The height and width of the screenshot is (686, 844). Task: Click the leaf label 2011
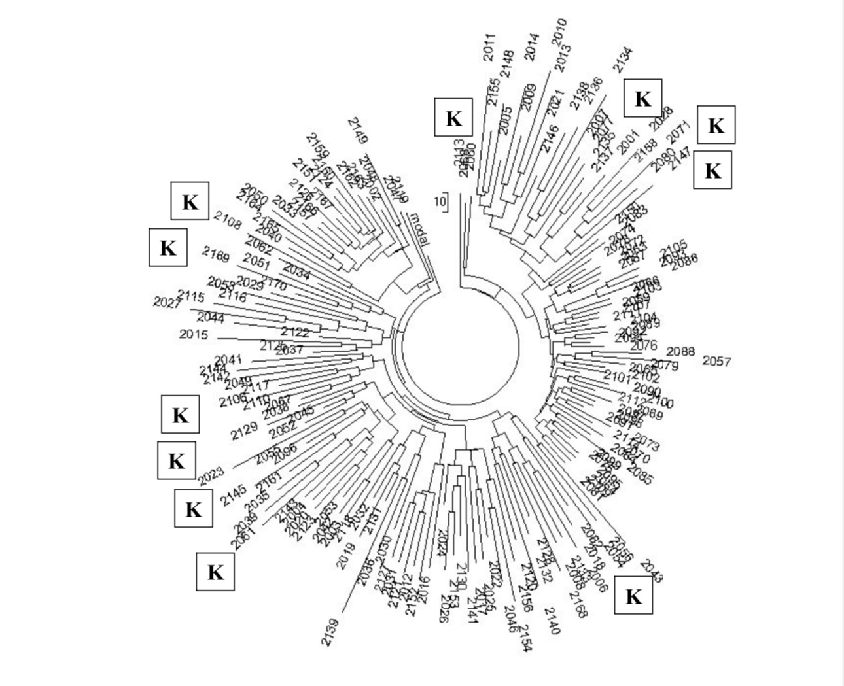489,48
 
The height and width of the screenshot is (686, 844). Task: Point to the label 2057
716,361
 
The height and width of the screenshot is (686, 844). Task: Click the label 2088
680,352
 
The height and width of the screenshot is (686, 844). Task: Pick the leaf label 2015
193,335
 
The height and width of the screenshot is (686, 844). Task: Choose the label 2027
167,301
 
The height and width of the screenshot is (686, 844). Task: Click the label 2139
330,632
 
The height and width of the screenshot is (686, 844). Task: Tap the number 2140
552,621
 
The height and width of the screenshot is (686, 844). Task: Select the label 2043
651,571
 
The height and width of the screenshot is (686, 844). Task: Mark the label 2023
211,475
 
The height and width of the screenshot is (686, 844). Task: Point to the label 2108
227,220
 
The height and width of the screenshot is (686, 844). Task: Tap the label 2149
358,131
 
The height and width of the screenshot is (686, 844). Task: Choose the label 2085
639,474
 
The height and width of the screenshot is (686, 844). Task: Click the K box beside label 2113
453,118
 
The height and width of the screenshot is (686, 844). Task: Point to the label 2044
211,318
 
